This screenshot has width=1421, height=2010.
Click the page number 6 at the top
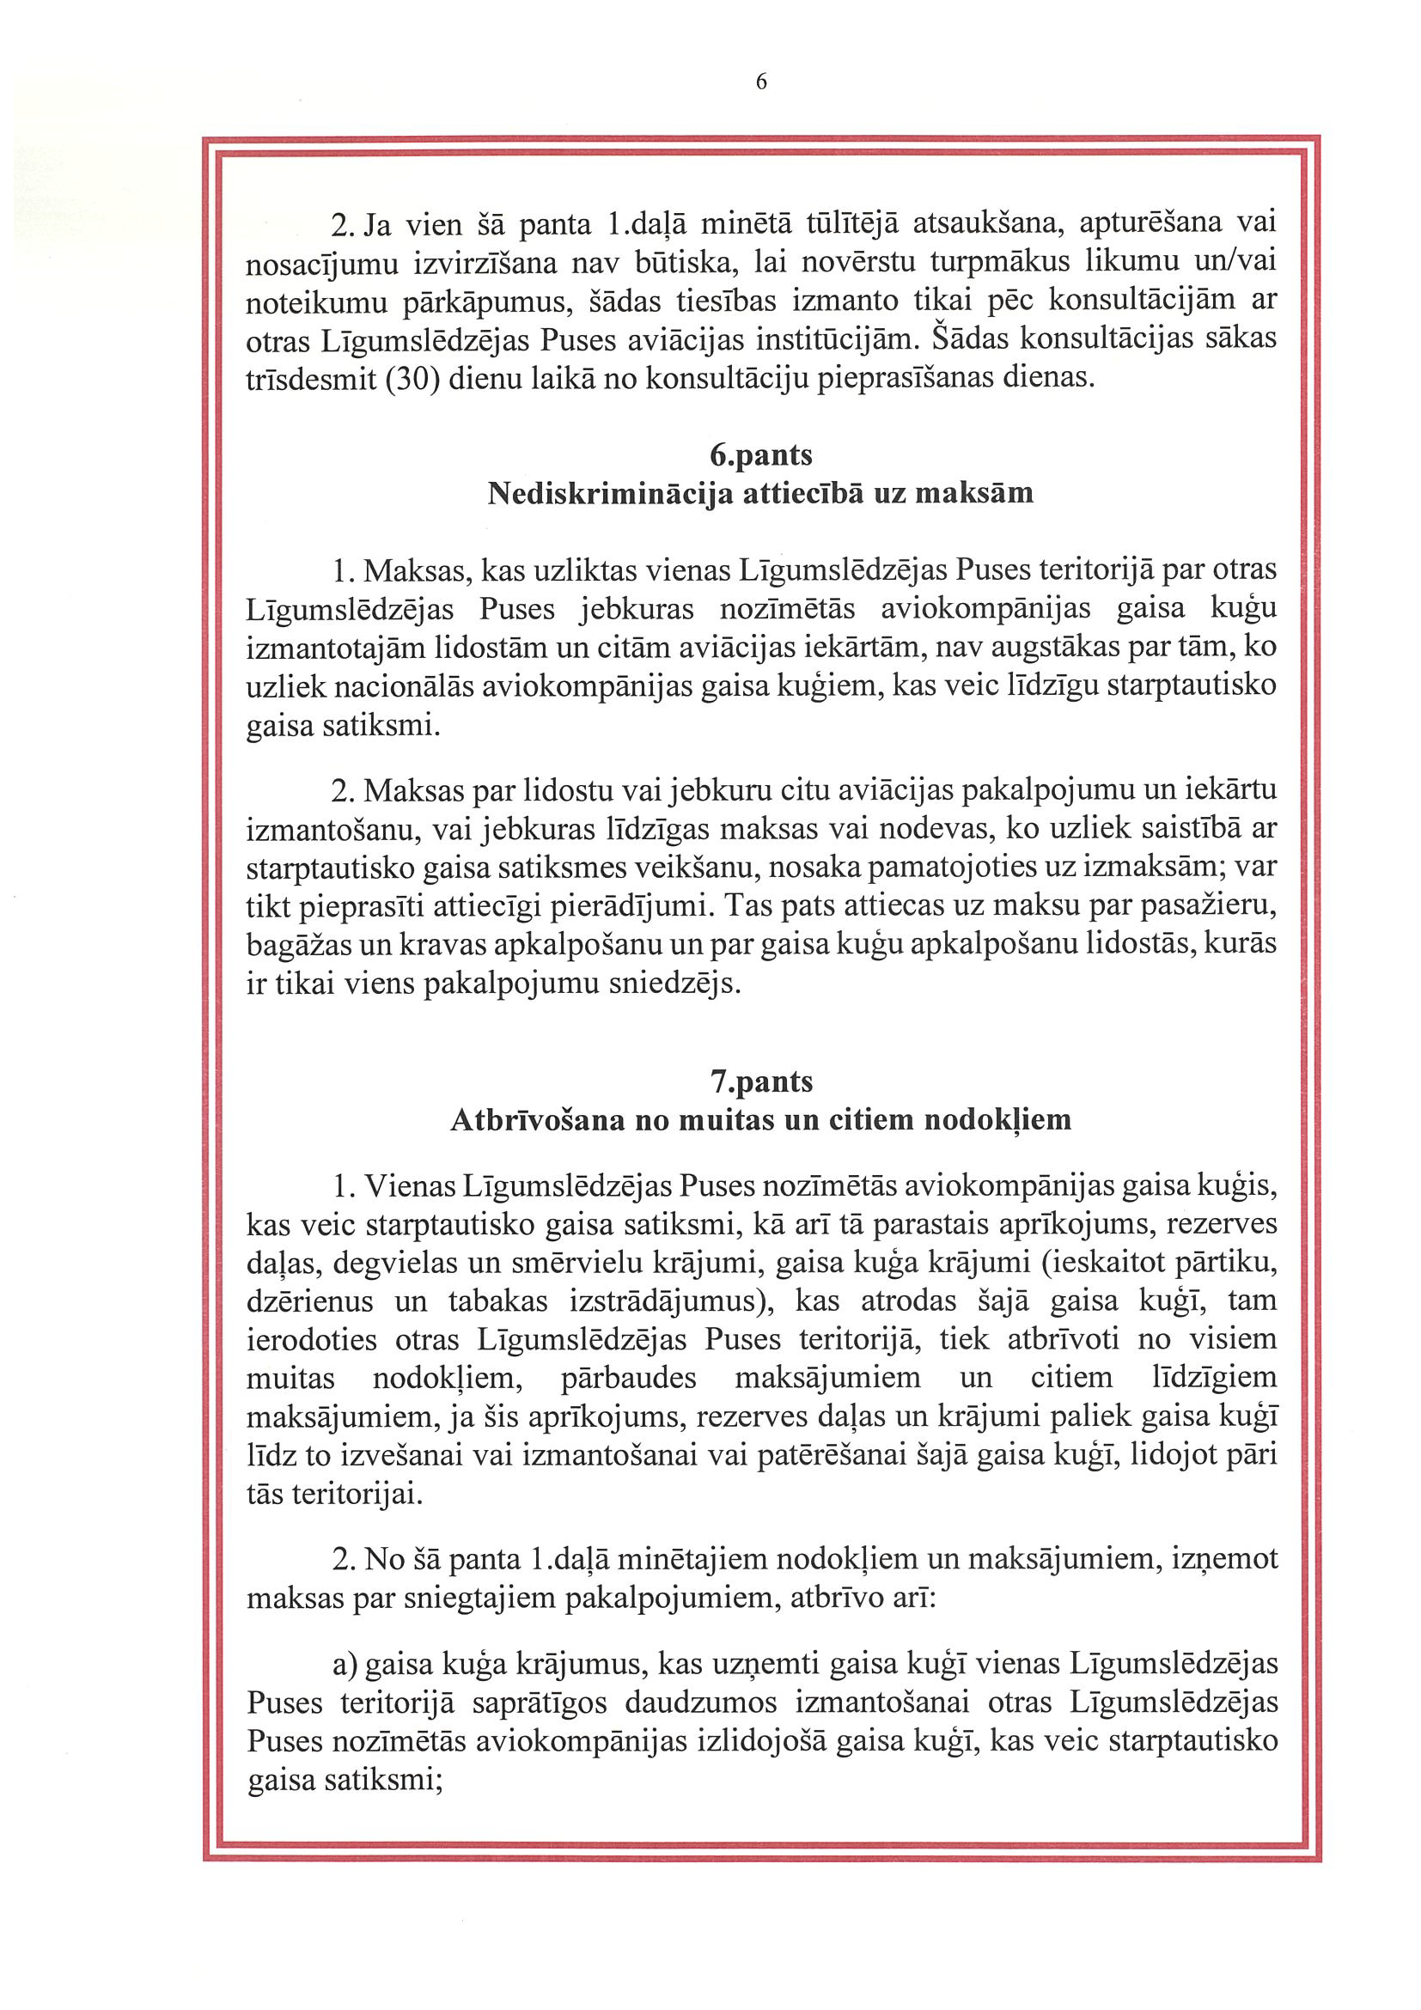(x=760, y=82)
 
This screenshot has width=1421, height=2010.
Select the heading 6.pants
(x=760, y=455)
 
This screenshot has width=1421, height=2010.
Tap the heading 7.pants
(x=761, y=1082)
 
